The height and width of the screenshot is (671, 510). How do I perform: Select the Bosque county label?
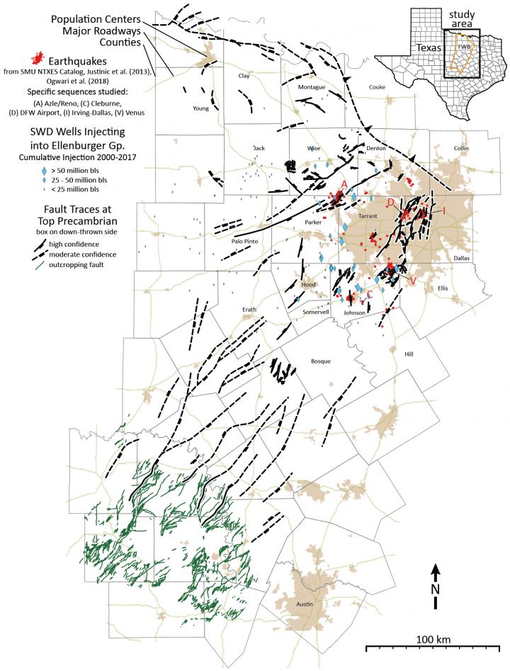(322, 361)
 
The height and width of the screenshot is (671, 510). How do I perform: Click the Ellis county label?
(443, 288)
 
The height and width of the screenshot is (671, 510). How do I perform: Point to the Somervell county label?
(316, 312)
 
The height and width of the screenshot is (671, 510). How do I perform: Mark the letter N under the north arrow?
(436, 589)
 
